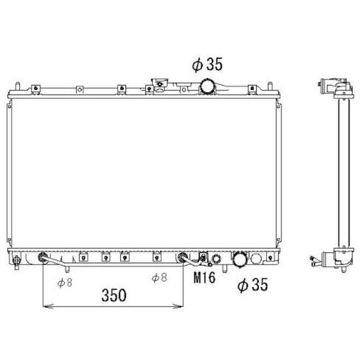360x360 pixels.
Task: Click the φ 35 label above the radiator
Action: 207,64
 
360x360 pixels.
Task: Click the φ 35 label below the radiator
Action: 252,285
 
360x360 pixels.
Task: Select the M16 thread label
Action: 204,277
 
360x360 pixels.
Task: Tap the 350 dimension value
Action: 114,295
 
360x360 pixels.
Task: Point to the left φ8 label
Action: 65,283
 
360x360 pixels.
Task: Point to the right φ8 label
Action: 159,278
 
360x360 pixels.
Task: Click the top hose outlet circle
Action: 207,87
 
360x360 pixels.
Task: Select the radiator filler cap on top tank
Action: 160,85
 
